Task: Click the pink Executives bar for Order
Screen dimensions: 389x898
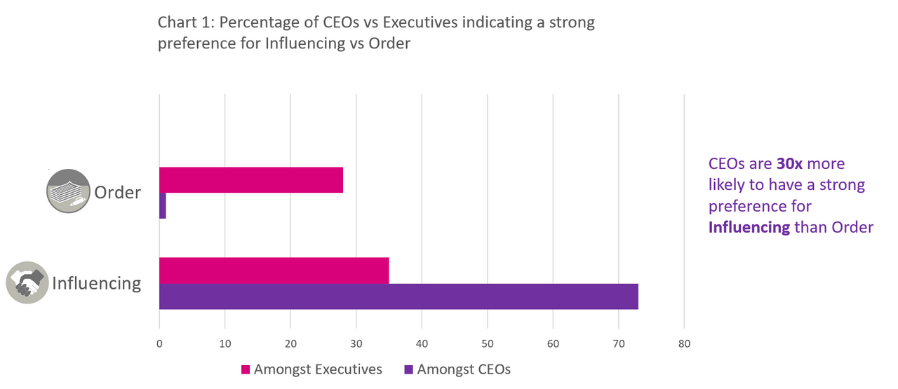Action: tap(251, 180)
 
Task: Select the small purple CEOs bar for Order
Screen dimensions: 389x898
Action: tap(163, 205)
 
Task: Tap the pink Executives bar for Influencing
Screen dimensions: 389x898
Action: tap(274, 271)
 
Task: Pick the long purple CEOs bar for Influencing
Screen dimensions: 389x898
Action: tap(398, 296)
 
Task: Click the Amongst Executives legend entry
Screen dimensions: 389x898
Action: tap(311, 369)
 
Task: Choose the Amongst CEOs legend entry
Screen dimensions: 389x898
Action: tap(457, 369)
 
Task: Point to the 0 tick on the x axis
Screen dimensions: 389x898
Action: tap(159, 344)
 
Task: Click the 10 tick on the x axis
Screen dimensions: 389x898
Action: tap(224, 344)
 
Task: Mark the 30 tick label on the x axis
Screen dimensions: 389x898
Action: tap(356, 344)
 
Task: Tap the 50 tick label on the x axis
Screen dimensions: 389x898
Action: tap(487, 344)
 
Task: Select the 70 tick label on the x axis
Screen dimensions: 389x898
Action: tap(618, 344)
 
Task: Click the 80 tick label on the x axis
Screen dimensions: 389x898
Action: tap(684, 344)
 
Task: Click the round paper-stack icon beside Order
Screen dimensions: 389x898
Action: tap(68, 191)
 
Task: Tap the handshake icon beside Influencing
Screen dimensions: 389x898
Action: tap(27, 282)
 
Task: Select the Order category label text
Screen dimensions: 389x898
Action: tap(118, 192)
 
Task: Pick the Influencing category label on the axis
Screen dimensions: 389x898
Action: tap(97, 283)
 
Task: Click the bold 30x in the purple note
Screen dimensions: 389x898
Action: tap(790, 164)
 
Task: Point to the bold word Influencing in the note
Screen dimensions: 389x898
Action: tap(749, 227)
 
